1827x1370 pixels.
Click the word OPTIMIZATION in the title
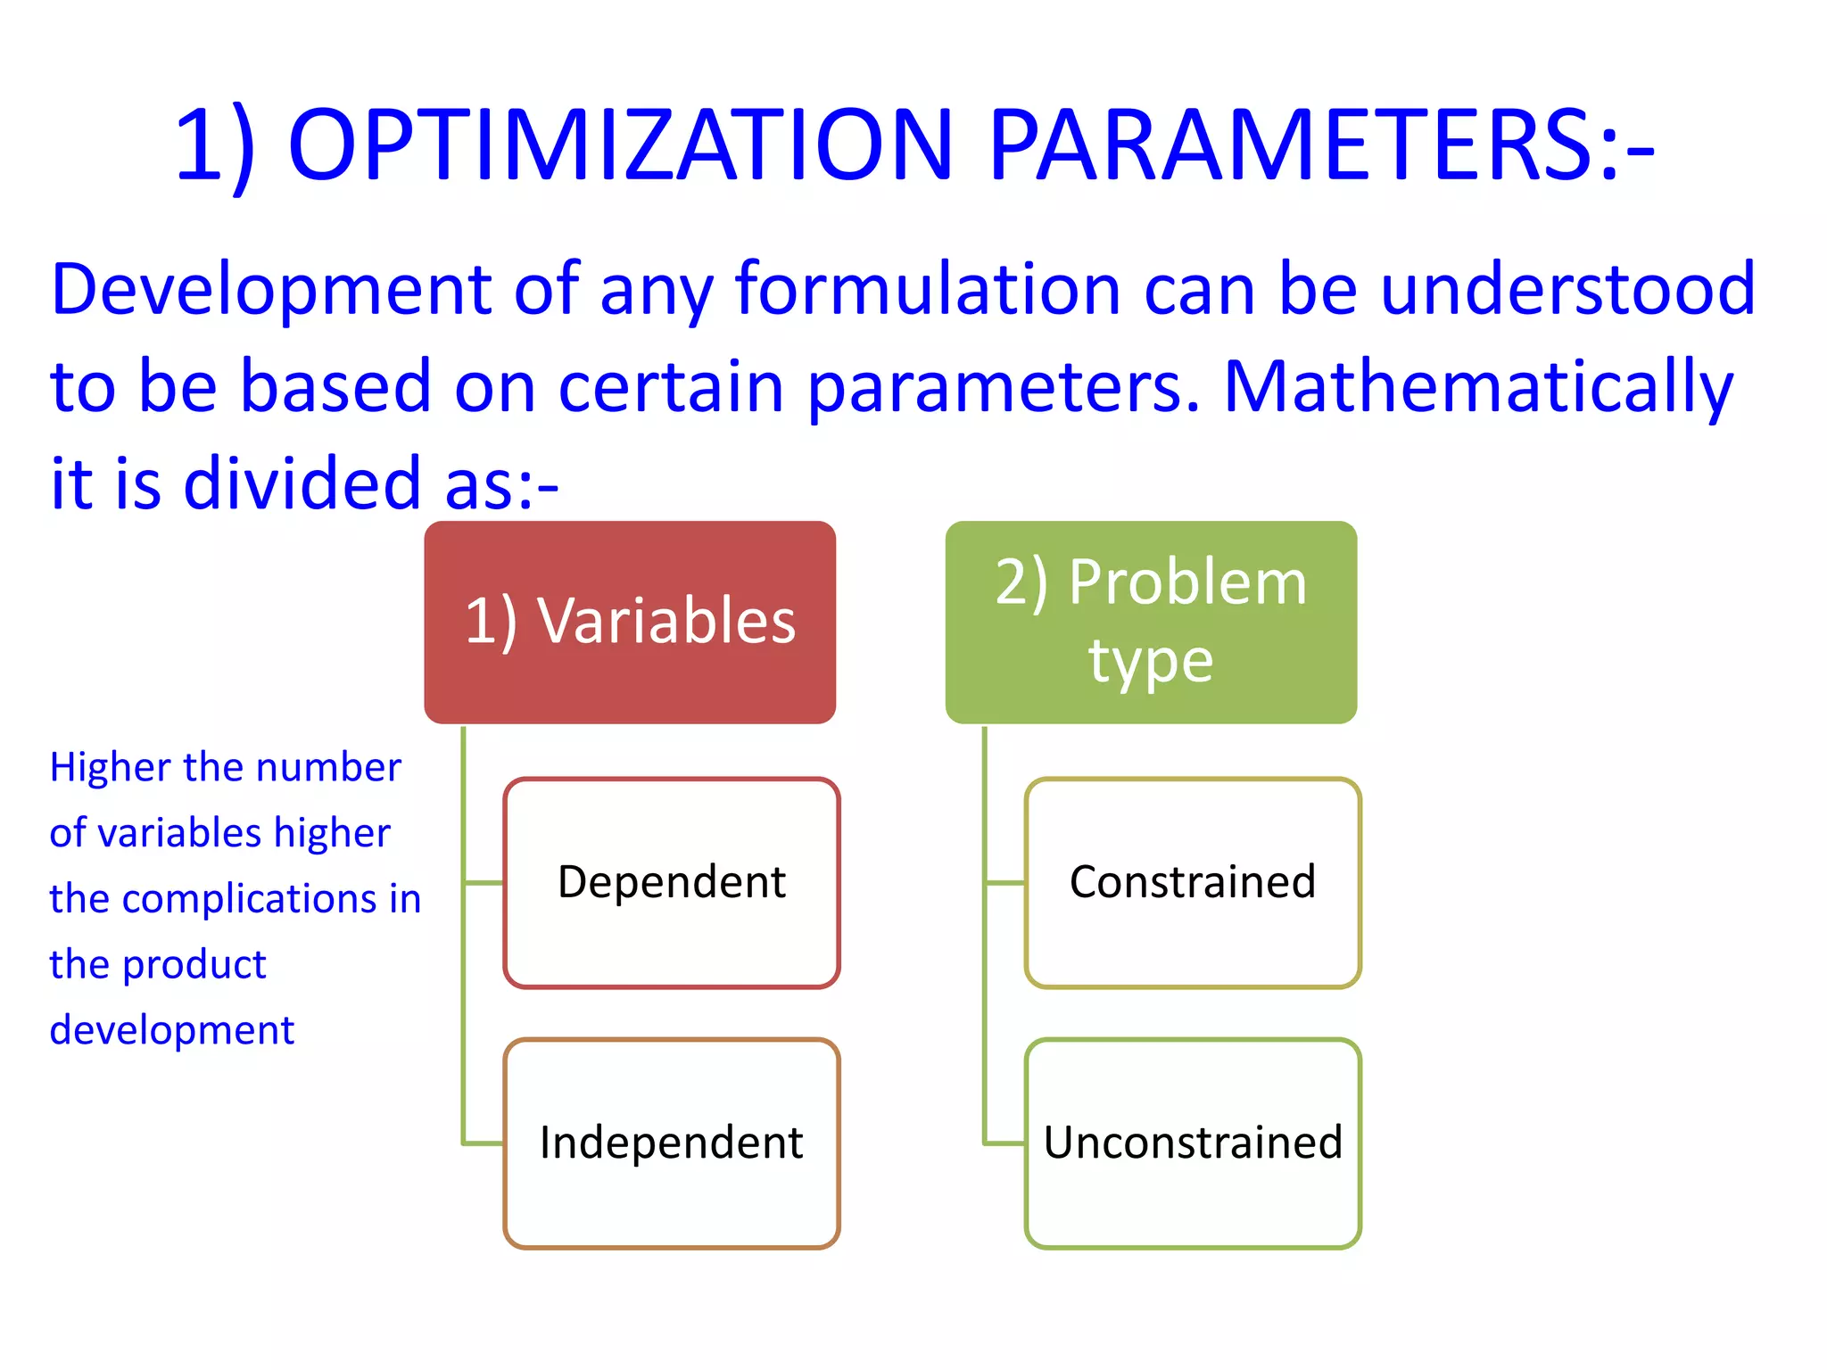[x=621, y=145]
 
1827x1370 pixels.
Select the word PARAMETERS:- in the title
[x=1320, y=145]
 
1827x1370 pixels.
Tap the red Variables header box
[x=630, y=622]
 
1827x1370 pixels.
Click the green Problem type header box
[x=1151, y=622]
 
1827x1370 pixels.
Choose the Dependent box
[x=672, y=883]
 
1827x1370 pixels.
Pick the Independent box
[x=672, y=1143]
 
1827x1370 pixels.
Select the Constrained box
[x=1193, y=883]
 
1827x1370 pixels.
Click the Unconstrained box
[x=1193, y=1143]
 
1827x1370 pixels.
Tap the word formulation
[x=928, y=290]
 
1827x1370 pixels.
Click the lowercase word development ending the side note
[x=171, y=1031]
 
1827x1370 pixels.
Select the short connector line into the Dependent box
[x=484, y=883]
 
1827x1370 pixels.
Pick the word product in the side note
[x=194, y=965]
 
